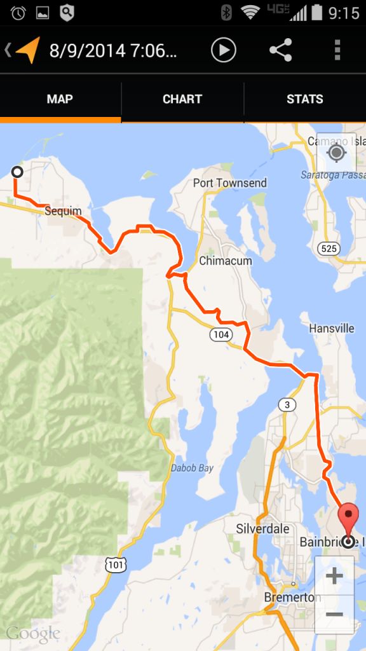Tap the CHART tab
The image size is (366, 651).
[182, 99]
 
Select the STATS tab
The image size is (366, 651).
[304, 99]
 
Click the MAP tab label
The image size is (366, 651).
[60, 99]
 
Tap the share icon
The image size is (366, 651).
[280, 50]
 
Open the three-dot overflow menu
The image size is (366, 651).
[337, 50]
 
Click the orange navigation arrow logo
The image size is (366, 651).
[28, 50]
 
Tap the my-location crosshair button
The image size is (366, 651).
[335, 153]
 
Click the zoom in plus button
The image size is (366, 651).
[334, 577]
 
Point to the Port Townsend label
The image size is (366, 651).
[230, 183]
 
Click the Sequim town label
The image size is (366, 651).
[63, 211]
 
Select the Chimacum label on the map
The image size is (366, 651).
[226, 261]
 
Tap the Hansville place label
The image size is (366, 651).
[332, 329]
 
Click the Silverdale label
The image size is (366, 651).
[262, 529]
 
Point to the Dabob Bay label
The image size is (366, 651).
[191, 469]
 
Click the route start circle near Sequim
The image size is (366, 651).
[17, 172]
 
